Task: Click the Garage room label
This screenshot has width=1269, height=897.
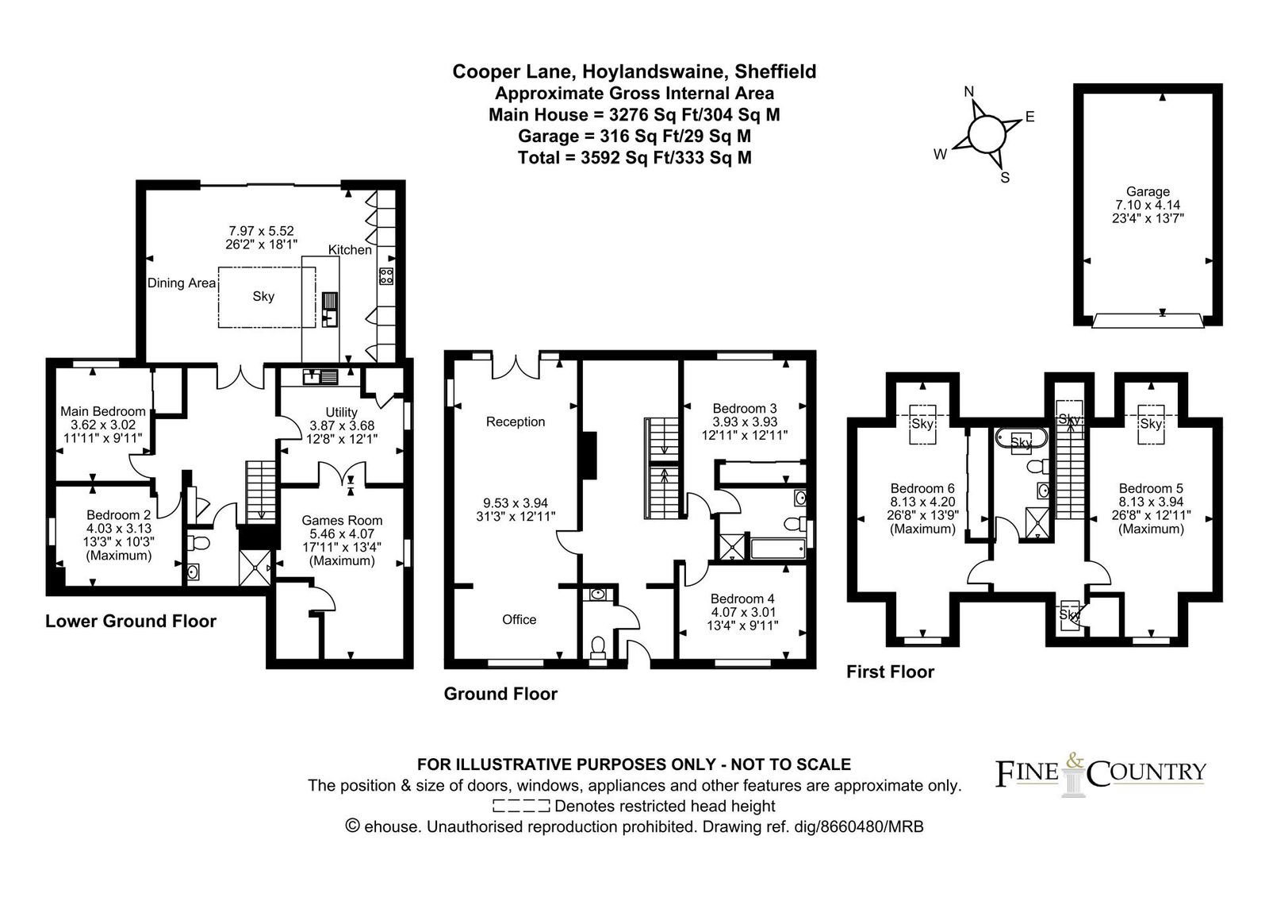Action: coord(1148,191)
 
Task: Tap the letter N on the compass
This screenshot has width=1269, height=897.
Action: coord(968,92)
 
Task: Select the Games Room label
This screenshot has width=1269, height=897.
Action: coord(342,520)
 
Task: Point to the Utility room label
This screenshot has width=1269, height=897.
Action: coord(341,412)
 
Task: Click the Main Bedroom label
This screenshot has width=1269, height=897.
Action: coord(103,411)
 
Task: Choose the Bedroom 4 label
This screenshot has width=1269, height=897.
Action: coord(742,599)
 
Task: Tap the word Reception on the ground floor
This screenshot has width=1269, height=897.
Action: coord(516,422)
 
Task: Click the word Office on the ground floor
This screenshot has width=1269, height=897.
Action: coord(519,620)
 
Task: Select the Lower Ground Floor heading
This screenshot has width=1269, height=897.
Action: coord(131,622)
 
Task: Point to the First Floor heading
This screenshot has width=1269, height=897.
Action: coord(890,672)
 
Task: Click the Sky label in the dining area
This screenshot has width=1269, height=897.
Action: coord(263,297)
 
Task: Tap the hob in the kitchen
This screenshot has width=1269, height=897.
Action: coord(386,276)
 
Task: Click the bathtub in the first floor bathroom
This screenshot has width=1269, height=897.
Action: coord(1022,440)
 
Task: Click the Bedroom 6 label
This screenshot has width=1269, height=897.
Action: coord(922,488)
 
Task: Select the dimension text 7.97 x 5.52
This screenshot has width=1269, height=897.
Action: coord(261,231)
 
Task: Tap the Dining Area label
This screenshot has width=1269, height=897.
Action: coord(182,283)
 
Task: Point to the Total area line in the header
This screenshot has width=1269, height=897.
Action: coord(634,158)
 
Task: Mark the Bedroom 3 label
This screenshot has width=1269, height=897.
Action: coord(745,408)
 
